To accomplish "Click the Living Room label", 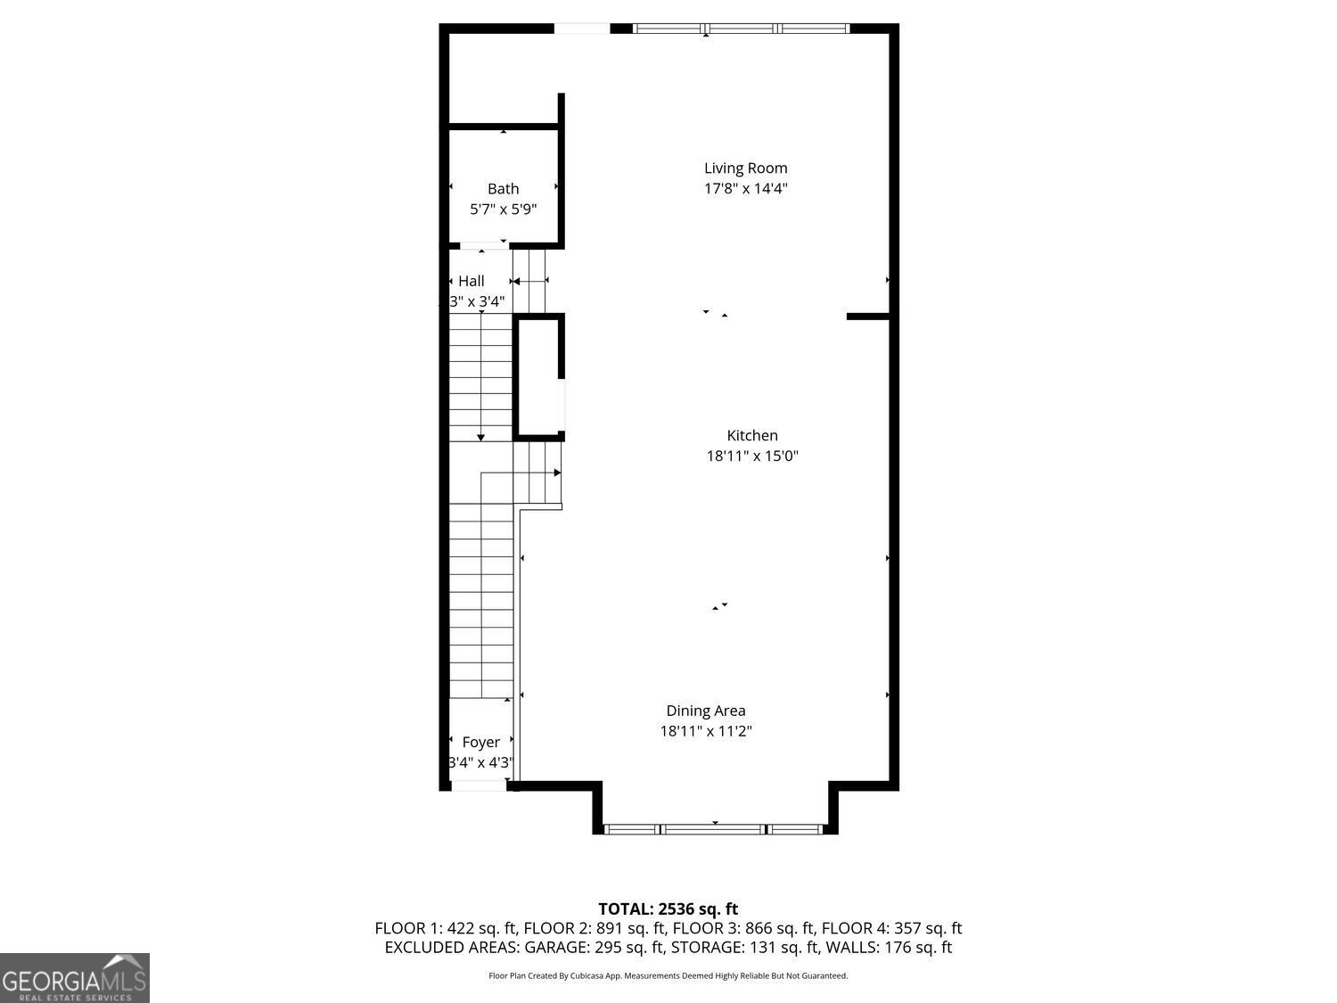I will point(745,168).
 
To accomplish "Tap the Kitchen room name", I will point(752,435).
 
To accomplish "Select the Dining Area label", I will point(706,711).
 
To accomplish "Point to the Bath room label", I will point(503,188).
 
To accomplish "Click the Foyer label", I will point(480,742).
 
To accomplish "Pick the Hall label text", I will point(472,281).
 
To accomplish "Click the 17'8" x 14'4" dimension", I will point(745,188).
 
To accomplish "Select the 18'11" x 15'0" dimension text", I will point(752,456).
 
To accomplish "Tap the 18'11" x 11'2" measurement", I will point(706,731).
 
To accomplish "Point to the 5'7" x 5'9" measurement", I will point(503,210).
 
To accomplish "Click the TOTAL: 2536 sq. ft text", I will point(668,909).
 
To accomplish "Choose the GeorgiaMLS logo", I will point(75,978).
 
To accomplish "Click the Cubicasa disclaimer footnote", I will point(668,976).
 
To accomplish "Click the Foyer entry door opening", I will point(480,785).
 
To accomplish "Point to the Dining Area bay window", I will point(714,829).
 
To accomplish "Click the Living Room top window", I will point(742,29).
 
